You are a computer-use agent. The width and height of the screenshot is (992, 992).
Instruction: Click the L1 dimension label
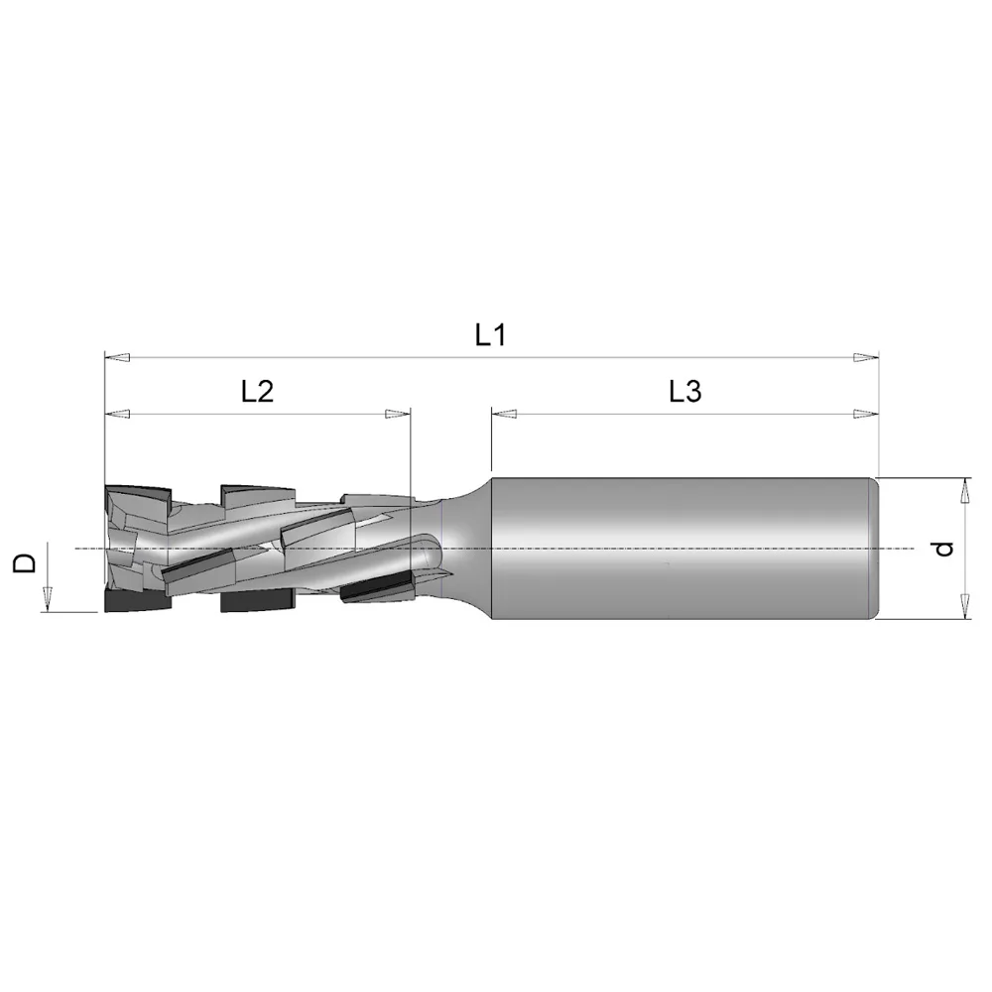point(490,335)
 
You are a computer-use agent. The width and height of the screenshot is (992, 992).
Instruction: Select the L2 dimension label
point(257,392)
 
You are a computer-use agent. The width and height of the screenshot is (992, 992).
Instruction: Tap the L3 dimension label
point(684,392)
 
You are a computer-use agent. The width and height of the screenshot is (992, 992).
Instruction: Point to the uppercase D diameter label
point(27,563)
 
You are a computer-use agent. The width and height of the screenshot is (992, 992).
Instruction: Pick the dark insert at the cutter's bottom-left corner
point(137,602)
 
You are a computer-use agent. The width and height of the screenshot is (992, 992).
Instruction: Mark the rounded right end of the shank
point(874,549)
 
